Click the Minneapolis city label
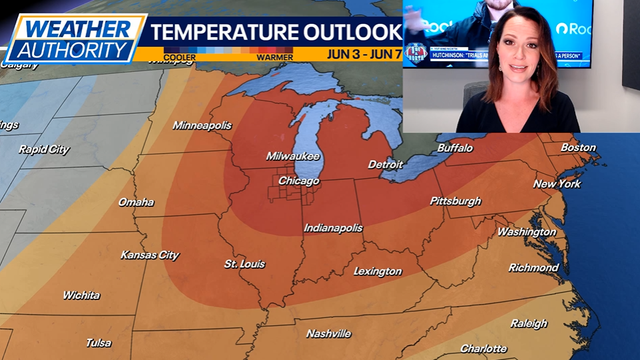coord(202,125)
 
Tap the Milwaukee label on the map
coord(293,156)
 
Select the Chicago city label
coord(299,181)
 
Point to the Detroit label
coord(385,164)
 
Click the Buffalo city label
coord(455,148)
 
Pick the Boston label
coord(577,147)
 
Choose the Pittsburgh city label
coord(455,201)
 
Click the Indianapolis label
coord(333,228)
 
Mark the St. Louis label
coord(244,265)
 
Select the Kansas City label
coord(150,255)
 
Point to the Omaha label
coord(136,202)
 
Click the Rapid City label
coord(44,149)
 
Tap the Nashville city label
coord(329,333)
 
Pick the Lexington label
coord(377,271)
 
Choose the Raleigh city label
coord(529,323)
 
